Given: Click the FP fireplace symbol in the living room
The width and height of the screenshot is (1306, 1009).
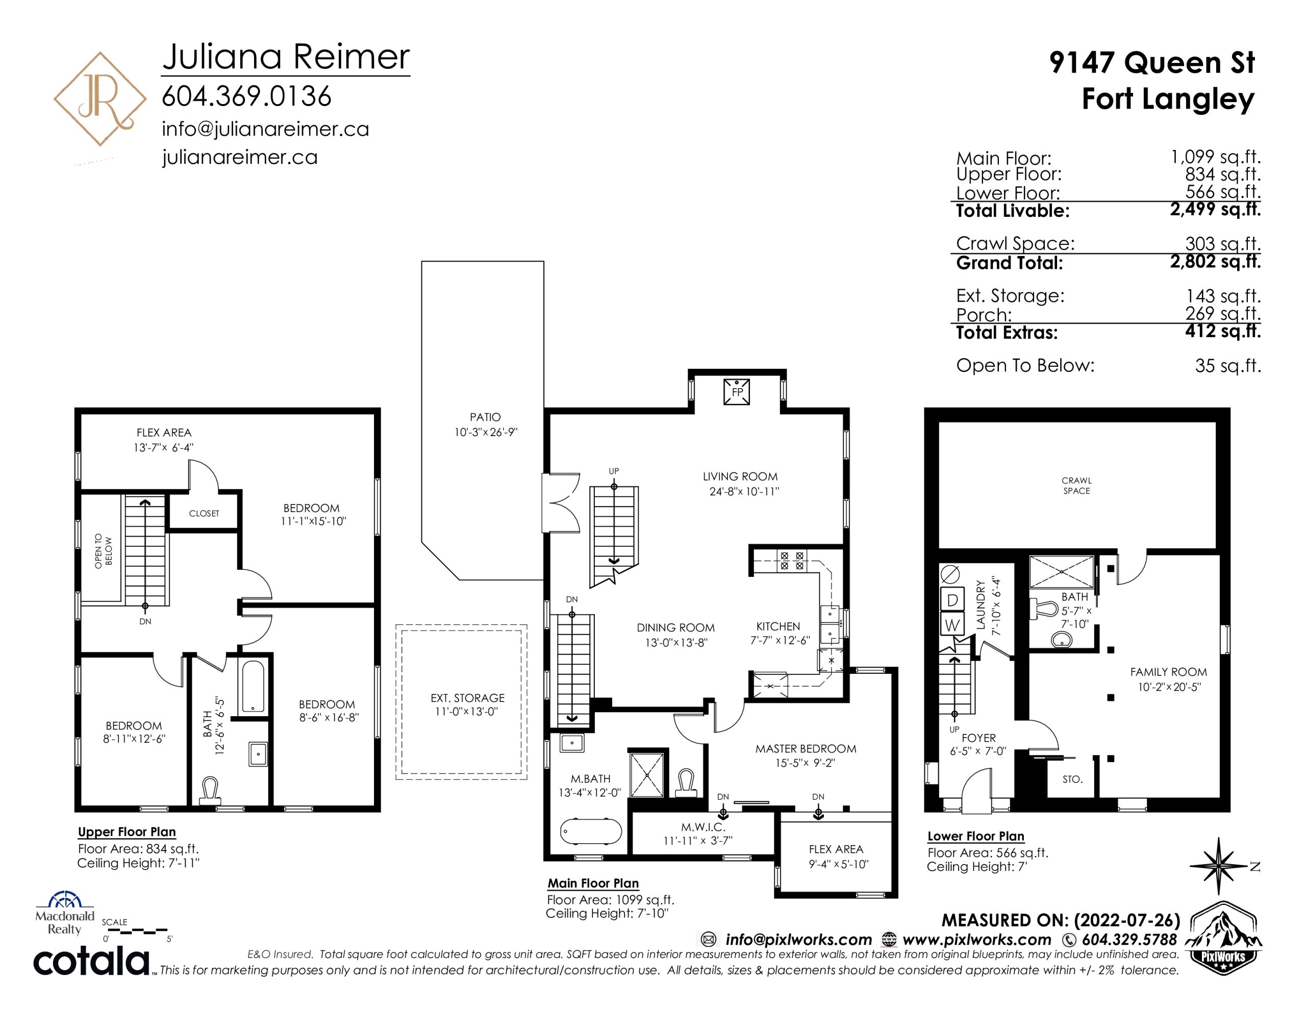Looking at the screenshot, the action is (737, 392).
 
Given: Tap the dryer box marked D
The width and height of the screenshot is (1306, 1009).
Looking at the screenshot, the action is (952, 599).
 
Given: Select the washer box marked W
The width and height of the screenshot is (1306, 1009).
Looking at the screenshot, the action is (952, 625).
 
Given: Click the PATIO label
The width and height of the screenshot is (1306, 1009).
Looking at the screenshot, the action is (485, 417).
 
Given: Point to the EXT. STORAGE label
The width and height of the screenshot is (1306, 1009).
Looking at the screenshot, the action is (468, 698).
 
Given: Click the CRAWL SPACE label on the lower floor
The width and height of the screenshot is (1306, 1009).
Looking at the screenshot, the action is (1076, 486).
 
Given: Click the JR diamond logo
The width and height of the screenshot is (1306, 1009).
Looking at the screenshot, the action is (100, 98).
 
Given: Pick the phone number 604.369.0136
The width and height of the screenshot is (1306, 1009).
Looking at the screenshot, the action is (246, 96).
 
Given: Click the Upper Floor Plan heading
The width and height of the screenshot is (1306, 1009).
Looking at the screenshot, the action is (127, 832).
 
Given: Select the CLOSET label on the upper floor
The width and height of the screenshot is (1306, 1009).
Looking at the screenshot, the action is (204, 513).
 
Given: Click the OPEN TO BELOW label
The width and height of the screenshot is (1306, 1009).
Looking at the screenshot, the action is (104, 551).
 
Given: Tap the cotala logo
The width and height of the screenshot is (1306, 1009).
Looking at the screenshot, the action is (91, 961).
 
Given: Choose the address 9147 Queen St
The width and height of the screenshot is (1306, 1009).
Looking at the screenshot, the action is (1152, 63).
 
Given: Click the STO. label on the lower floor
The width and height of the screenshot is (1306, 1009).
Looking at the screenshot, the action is (1072, 779).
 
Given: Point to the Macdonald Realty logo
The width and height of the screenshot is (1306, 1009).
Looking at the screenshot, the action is (65, 914).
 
